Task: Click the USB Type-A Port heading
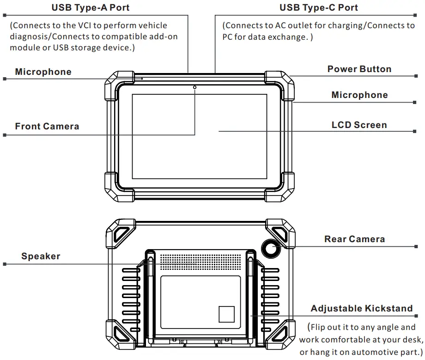pos(90,7)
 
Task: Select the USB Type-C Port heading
pos(318,7)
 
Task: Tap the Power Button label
pos(359,69)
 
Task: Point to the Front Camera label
pos(47,126)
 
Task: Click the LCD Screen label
pos(359,125)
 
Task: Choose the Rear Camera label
pos(354,239)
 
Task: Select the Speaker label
pos(41,256)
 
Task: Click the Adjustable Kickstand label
pos(361,309)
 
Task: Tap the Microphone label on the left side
pos(43,72)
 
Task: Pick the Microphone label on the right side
pos(359,95)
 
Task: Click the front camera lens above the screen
pos(194,87)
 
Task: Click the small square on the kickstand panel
pos(226,314)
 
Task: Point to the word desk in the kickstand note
pos(406,340)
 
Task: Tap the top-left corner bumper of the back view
pos(120,232)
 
